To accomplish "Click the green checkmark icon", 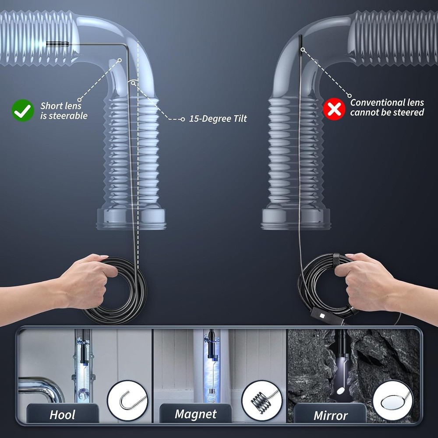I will [22, 110].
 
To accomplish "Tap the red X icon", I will [334, 109].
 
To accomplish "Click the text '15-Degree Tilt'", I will [218, 119].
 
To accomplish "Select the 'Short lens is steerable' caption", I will [64, 110].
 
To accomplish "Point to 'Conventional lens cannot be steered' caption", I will [387, 107].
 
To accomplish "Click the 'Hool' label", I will [62, 414].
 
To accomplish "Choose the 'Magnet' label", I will [195, 414].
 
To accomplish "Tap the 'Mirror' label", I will [330, 415].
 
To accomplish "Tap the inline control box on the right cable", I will [321, 316].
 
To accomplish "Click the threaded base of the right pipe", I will [296, 219].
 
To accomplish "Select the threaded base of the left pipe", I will [131, 219].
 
